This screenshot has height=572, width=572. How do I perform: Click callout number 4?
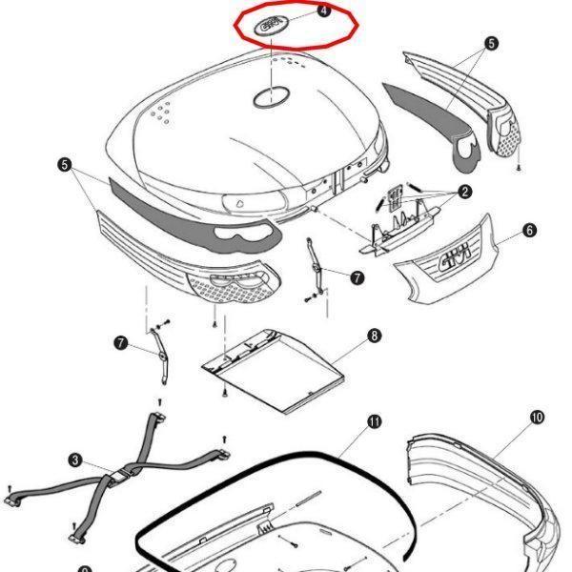click(x=323, y=10)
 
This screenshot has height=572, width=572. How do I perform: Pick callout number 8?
click(x=374, y=336)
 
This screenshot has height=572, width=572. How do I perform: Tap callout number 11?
click(x=374, y=420)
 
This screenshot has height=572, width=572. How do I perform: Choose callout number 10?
click(x=537, y=417)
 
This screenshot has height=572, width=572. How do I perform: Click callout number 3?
click(x=75, y=460)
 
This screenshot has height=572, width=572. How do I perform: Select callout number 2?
click(x=464, y=192)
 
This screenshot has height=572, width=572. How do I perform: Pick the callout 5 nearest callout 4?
click(x=491, y=43)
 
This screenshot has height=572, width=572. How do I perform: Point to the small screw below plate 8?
click(x=221, y=394)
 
